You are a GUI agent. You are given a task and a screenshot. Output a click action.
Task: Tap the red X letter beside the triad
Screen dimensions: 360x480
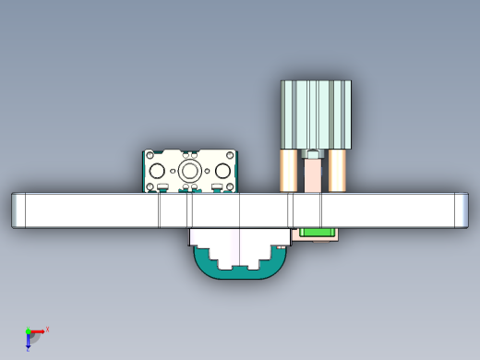tap(47, 329)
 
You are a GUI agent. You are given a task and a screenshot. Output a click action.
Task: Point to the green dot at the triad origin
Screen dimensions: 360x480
tap(28, 331)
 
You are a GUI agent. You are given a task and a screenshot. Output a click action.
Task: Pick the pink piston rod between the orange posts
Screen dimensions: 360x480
tap(314, 175)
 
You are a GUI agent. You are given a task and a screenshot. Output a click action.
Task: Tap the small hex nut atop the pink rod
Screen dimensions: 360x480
tap(314, 155)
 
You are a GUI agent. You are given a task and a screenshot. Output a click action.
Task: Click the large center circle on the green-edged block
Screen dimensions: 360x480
tap(189, 172)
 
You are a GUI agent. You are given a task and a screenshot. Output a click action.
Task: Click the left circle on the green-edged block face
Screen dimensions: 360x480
tap(158, 172)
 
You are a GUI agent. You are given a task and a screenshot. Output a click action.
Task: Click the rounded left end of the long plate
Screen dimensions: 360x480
tap(18, 210)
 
